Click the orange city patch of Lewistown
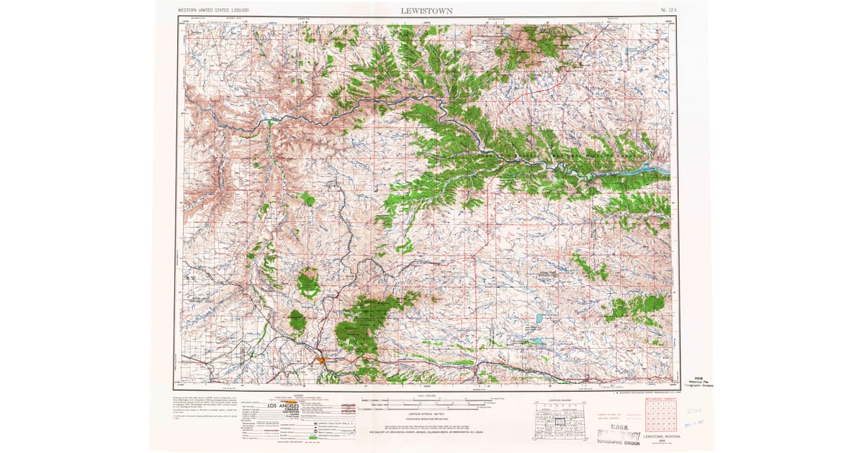pos(318,360)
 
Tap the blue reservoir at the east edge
pos(657,170)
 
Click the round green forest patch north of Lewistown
pos(308,283)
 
